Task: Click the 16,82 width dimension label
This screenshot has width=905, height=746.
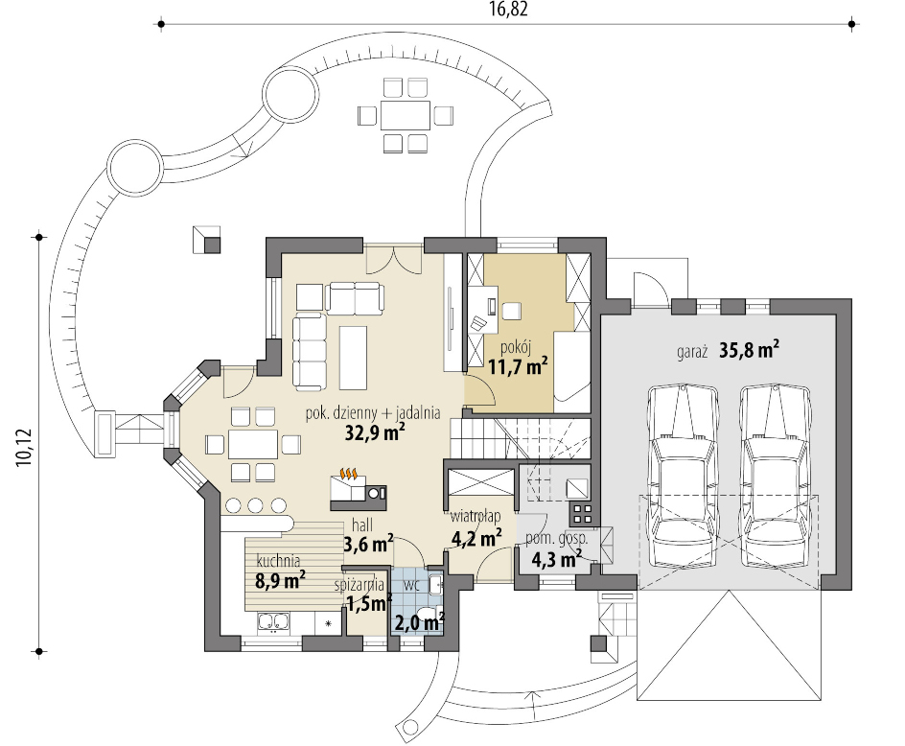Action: point(508,10)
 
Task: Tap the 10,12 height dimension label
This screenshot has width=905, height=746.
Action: point(25,448)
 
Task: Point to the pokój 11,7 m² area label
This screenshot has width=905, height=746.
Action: point(518,358)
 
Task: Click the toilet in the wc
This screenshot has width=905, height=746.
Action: point(427,616)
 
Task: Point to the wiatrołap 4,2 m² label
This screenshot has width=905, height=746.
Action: point(476,527)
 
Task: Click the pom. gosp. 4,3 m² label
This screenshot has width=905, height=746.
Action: point(556,550)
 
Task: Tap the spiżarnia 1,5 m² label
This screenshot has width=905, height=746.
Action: point(363,594)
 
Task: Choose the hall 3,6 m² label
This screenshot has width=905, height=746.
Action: point(369,535)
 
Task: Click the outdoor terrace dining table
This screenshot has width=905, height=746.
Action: point(406,115)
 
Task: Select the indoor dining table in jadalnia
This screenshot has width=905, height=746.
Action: point(253,444)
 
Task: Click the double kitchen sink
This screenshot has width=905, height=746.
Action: point(273,622)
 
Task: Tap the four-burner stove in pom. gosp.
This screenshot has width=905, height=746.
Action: point(581,513)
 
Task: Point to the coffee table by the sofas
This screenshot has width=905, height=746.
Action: point(353,358)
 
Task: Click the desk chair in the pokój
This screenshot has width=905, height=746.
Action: point(511,311)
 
